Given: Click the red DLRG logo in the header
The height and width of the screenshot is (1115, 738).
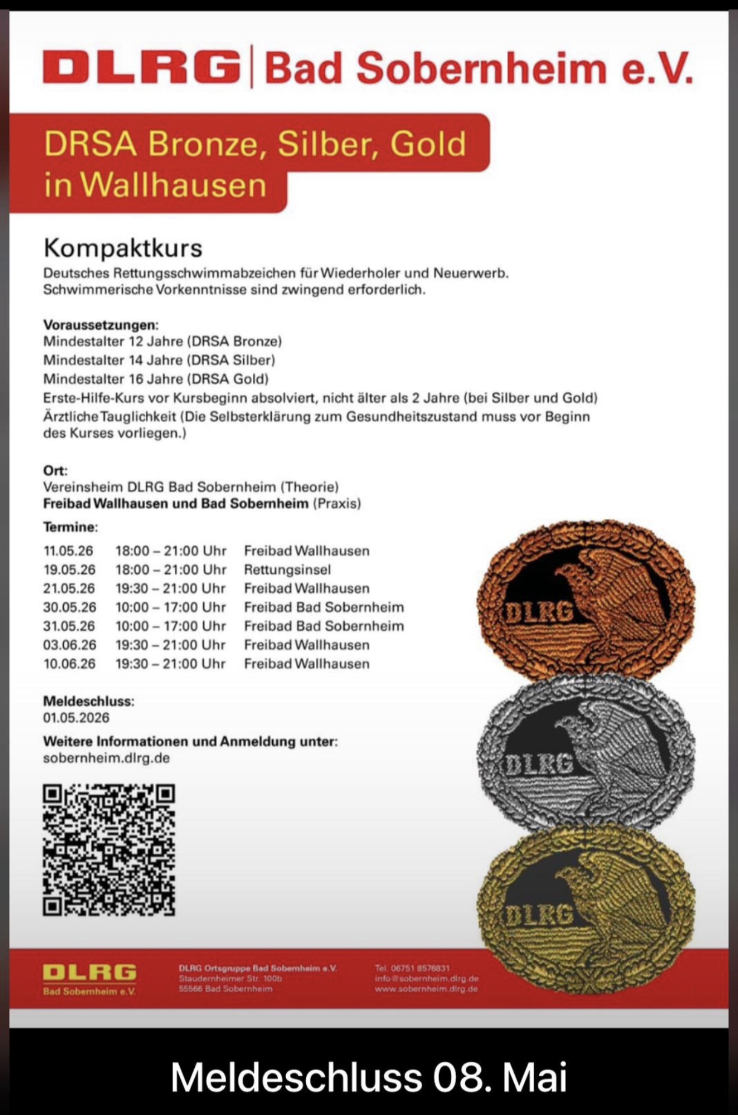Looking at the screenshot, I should click(x=141, y=67).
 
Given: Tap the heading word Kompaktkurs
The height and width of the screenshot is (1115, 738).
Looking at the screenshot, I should click(x=123, y=248).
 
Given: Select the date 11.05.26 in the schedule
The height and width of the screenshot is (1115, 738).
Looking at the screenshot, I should click(x=69, y=551).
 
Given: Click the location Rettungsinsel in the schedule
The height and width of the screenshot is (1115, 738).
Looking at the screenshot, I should click(x=287, y=570).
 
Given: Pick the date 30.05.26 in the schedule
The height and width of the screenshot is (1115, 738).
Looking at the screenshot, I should click(x=69, y=607).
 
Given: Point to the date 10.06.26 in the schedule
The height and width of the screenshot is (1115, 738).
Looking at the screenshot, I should click(x=69, y=664).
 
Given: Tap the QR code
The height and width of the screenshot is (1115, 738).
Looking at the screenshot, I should click(x=109, y=850).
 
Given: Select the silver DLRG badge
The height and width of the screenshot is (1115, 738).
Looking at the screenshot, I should click(x=586, y=753).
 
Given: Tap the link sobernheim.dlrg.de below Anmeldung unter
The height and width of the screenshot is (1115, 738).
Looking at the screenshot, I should click(x=106, y=758).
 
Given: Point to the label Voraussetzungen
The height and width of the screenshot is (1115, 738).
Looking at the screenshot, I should click(x=100, y=325).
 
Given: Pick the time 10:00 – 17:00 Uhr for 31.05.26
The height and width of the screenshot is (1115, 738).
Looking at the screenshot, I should click(x=171, y=626).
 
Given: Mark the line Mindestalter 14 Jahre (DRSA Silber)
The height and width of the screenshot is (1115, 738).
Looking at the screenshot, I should click(x=159, y=360).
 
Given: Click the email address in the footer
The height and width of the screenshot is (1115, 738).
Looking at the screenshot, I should click(x=426, y=978).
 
